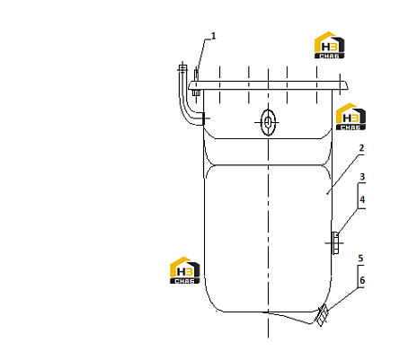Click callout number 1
pyautogui.click(x=213, y=36)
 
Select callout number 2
pyautogui.click(x=361, y=148)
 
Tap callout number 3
pyautogui.click(x=362, y=177)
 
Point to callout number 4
pyautogui.click(x=362, y=199)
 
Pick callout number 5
pyautogui.click(x=360, y=258)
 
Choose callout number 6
pyautogui.click(x=362, y=280)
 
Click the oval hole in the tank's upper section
pyautogui.click(x=268, y=122)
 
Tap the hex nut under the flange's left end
pyautogui.click(x=196, y=92)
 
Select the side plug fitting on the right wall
pyautogui.click(x=335, y=243)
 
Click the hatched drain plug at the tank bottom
pyautogui.click(x=322, y=315)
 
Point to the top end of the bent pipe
pyautogui.click(x=182, y=66)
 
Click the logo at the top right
pyautogui.click(x=329, y=45)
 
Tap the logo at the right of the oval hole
pyautogui.click(x=350, y=117)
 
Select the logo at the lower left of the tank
pyautogui.click(x=184, y=270)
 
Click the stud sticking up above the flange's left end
pyautogui.click(x=196, y=75)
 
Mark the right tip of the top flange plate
pyautogui.click(x=349, y=88)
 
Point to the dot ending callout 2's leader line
pyautogui.click(x=327, y=194)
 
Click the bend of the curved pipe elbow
pyautogui.click(x=187, y=114)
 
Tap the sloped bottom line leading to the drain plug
pyautogui.click(x=289, y=318)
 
